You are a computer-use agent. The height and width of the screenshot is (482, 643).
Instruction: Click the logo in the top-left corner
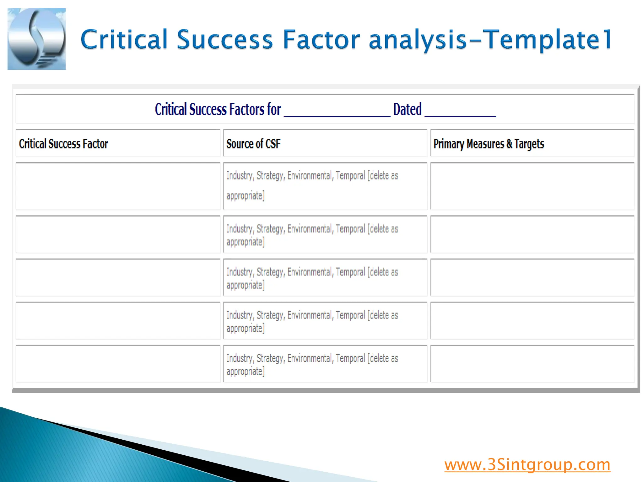[36, 39]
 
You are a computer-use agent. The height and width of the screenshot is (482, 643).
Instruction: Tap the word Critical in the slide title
[124, 40]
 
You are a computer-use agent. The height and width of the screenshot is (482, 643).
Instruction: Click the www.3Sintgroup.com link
[527, 465]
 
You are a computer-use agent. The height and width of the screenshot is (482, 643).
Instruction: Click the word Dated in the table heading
[407, 110]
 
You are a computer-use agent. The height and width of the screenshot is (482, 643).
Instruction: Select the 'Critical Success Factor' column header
[63, 144]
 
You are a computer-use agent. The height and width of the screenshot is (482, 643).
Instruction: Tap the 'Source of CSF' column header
[253, 144]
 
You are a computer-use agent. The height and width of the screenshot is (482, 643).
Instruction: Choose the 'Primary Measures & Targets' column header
[489, 144]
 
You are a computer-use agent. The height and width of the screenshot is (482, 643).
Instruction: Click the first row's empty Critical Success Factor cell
[118, 186]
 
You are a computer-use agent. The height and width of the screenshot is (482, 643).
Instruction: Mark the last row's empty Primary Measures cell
[532, 364]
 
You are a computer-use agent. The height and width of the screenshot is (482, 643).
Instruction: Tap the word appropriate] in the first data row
[246, 196]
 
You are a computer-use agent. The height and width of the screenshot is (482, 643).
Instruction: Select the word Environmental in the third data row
[310, 272]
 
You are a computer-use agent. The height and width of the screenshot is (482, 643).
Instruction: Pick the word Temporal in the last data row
[350, 358]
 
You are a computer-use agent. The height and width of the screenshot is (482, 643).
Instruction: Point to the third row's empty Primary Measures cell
[532, 278]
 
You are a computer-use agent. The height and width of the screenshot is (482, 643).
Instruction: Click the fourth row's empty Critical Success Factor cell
[118, 321]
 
